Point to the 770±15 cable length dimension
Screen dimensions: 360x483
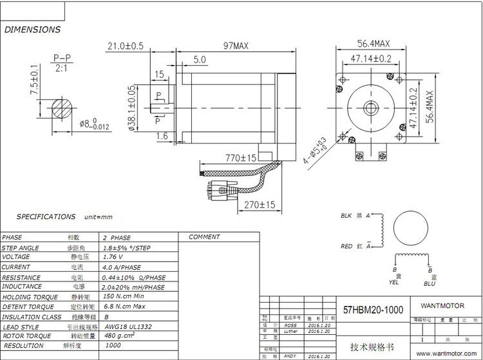(x=237, y=157)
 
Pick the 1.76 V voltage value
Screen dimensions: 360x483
(x=115, y=257)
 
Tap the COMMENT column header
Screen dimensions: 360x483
(x=205, y=237)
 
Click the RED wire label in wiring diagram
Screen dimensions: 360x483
(x=347, y=247)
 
